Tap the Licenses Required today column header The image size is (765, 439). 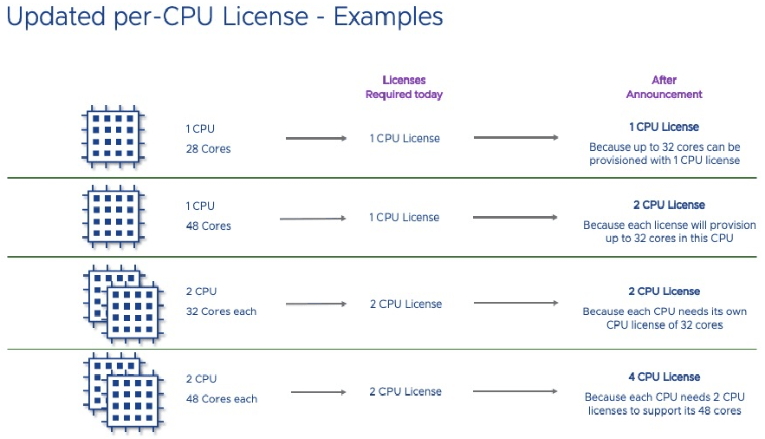coord(404,88)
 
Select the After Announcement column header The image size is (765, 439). coord(664,88)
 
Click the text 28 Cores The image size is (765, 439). coord(208,148)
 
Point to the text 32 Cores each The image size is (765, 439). coord(221,311)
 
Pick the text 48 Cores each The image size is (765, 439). coord(221,399)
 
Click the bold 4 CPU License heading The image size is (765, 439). coord(664,377)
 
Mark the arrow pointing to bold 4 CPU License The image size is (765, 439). coord(515,391)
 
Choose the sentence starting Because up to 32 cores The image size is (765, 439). coord(664,154)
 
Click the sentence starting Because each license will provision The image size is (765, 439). coord(664,232)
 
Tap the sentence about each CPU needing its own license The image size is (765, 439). coord(664,318)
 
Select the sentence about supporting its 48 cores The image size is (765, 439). coord(664,404)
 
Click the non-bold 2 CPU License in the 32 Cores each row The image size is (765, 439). coord(405,305)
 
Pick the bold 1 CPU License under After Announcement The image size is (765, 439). coord(664,127)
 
